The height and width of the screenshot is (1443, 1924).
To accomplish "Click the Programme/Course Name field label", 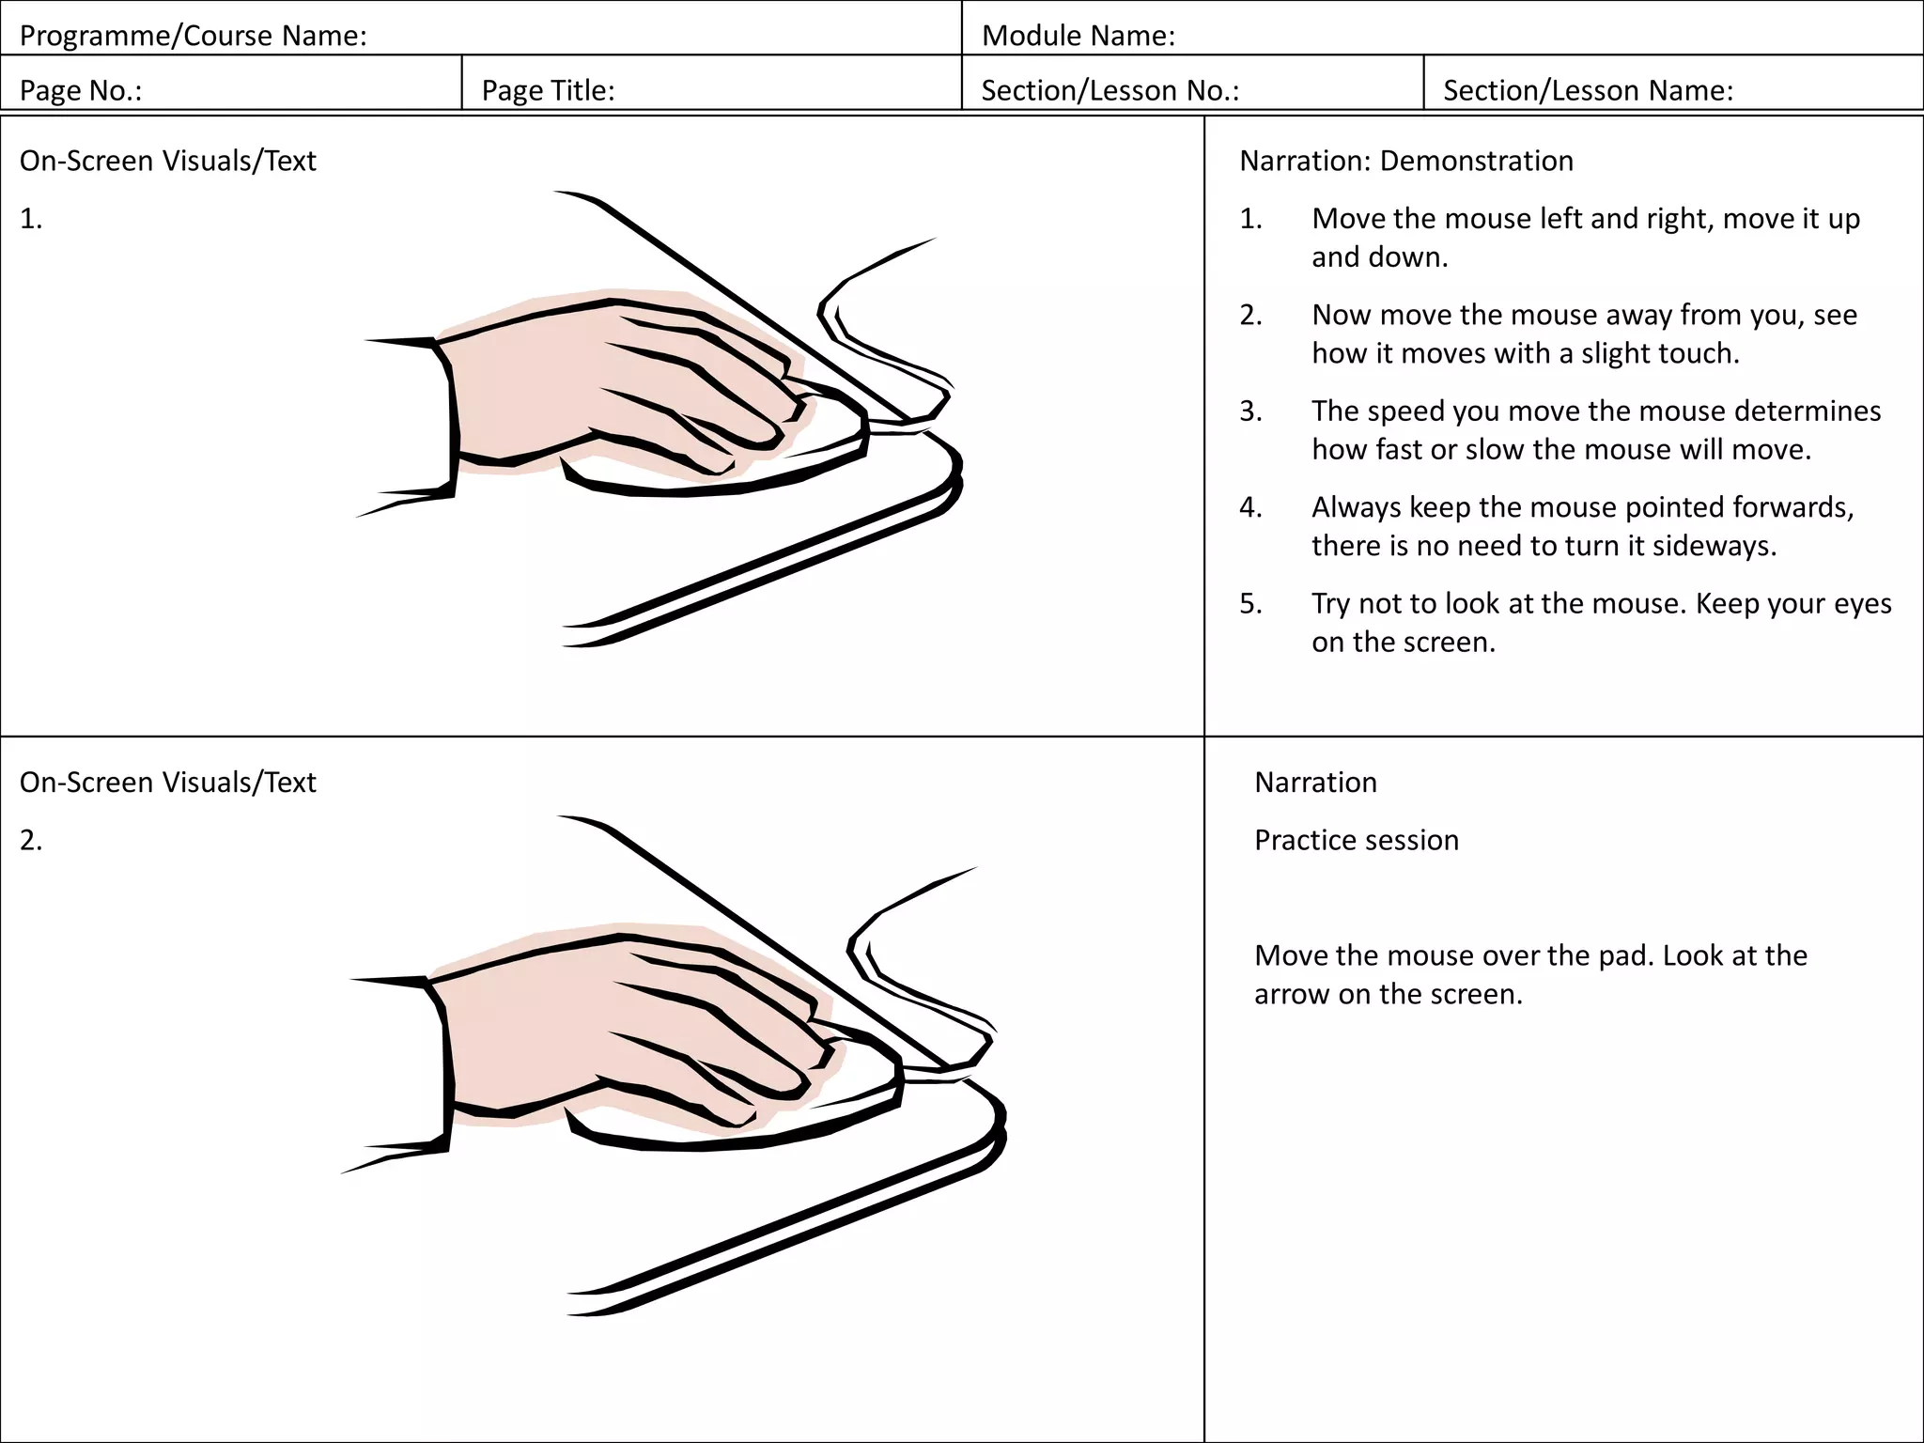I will click(x=193, y=36).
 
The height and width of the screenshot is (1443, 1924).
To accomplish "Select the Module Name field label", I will click(x=1078, y=36).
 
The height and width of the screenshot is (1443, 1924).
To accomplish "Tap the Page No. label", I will click(x=81, y=90).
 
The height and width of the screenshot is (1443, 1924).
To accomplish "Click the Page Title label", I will click(x=548, y=90).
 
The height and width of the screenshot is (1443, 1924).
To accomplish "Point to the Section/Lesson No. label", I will click(x=1109, y=90).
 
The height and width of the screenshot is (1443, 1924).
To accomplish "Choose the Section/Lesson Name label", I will click(x=1588, y=90).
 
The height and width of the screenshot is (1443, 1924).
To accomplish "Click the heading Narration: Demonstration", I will click(x=1405, y=161).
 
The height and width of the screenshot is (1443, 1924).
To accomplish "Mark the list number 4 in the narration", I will click(x=1250, y=507).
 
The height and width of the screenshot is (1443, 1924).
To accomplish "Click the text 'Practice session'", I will click(x=1356, y=840).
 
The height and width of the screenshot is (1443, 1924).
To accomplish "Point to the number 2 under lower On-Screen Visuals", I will click(x=30, y=840).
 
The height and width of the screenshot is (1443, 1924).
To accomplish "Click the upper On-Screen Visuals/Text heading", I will click(x=167, y=161).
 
